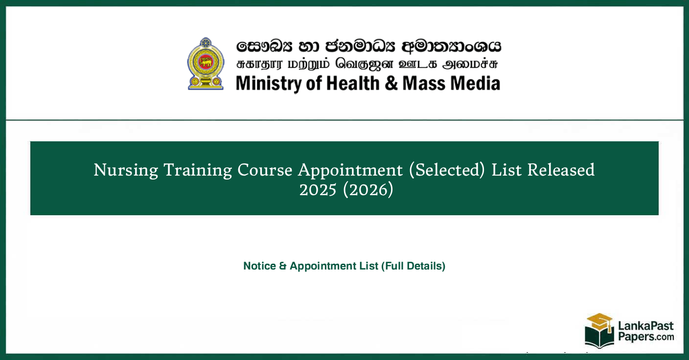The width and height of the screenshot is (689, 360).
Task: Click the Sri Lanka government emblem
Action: click(x=206, y=64)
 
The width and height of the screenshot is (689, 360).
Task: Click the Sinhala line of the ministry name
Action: click(x=368, y=46)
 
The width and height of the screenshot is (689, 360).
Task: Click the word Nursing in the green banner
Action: click(x=126, y=170)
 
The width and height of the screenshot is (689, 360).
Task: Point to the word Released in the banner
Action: click(x=557, y=170)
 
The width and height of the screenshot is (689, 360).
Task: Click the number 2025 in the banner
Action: click(x=318, y=190)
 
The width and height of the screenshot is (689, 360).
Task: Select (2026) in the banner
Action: click(x=368, y=190)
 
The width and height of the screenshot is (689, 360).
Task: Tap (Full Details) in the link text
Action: click(x=413, y=266)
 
